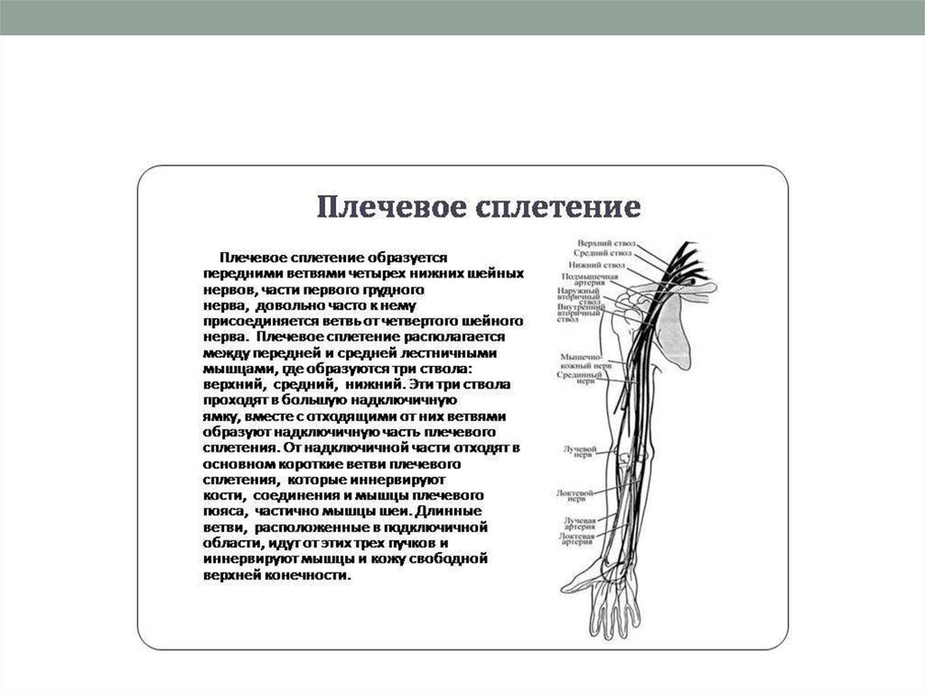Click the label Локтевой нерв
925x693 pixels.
pyautogui.click(x=577, y=496)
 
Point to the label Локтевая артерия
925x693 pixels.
pyautogui.click(x=576, y=539)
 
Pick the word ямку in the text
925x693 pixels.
pyautogui.click(x=220, y=417)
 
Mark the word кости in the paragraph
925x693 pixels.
pyautogui.click(x=221, y=496)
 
